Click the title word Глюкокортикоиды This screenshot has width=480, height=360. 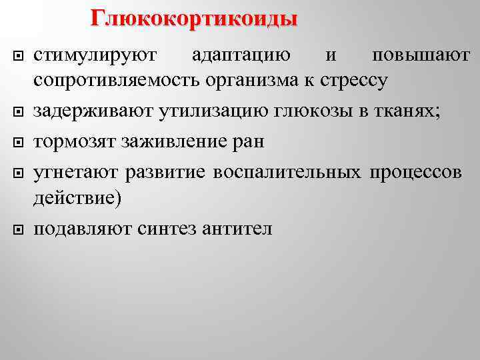click(x=194, y=18)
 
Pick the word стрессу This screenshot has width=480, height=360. click(x=355, y=81)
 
